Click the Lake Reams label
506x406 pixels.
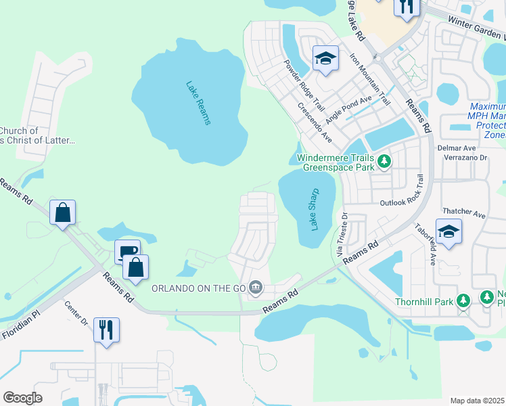[198, 103]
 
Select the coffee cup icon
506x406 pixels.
[127, 252]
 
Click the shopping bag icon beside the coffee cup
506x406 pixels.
[136, 267]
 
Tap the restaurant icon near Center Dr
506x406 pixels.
[106, 330]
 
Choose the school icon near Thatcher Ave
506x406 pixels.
[448, 232]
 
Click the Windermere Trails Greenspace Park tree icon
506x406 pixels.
[384, 161]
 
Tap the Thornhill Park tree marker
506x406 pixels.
[463, 300]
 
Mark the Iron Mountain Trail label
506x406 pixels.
[370, 77]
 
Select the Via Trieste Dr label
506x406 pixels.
[342, 234]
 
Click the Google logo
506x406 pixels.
[23, 398]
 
